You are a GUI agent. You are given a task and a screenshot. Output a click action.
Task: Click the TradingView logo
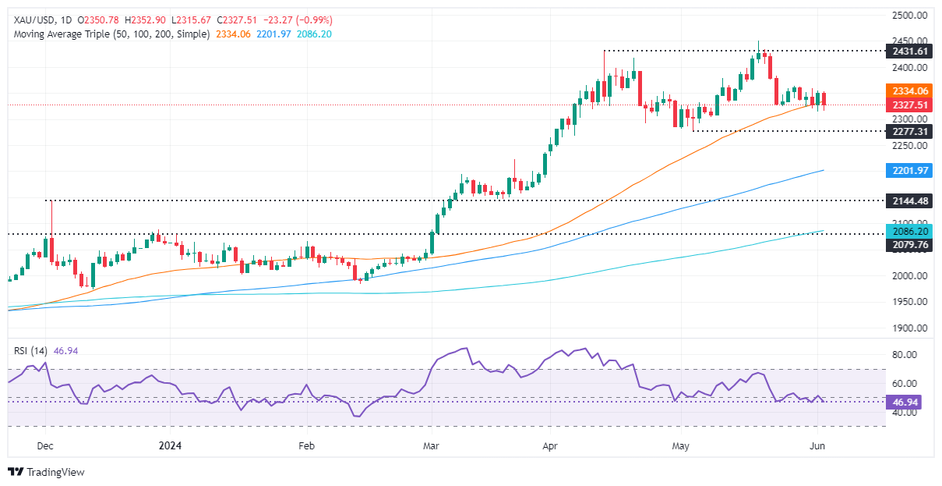46,471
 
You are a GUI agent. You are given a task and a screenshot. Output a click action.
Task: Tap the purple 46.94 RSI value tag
905,401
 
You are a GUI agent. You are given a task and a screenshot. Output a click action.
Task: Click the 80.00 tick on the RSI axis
905,355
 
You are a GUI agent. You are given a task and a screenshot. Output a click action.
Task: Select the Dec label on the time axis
44,445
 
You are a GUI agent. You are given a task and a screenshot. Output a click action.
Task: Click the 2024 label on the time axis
170,445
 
